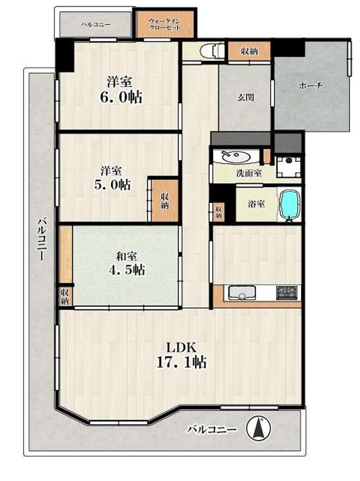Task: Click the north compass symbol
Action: pos(259,428)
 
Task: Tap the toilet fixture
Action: pos(214,51)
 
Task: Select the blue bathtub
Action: pos(289,205)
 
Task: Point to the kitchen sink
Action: pos(241,293)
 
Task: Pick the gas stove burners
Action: pos(287,292)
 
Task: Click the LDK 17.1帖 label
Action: pos(181,355)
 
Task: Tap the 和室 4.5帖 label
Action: pos(126,263)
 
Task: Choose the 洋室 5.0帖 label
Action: pos(112,178)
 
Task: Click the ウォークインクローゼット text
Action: pos(165,24)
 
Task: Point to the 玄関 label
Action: pos(246,98)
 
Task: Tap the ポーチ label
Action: pos(311,85)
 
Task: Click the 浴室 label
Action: pos(256,204)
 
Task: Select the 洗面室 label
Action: pos(249,173)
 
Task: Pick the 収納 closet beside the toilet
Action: pos(250,51)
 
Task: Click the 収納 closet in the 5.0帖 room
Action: pos(165,200)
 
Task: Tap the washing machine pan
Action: pos(288,166)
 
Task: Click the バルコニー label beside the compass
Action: pos(212,429)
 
